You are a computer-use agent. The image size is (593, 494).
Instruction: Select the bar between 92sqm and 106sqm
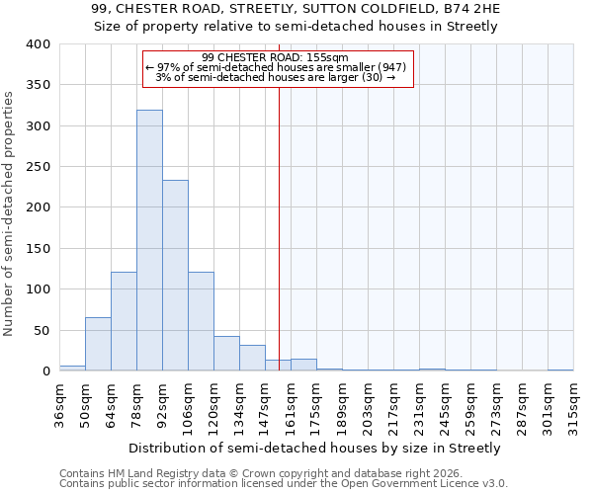pyautogui.click(x=175, y=276)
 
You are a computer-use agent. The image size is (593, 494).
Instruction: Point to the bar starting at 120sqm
pyautogui.click(x=226, y=354)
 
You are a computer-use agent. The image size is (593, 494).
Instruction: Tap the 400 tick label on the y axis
pyautogui.click(x=39, y=44)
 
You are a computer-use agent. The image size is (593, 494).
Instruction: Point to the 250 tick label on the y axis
pyautogui.click(x=39, y=167)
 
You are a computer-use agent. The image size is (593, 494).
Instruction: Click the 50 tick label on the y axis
pyautogui.click(x=42, y=330)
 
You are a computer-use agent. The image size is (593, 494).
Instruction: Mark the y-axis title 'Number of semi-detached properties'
pyautogui.click(x=9, y=212)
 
